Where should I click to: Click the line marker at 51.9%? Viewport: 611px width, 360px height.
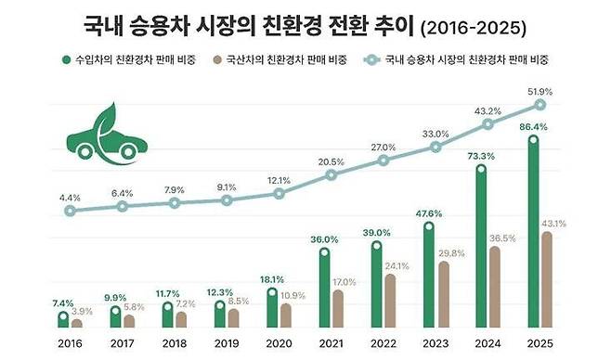(539, 104)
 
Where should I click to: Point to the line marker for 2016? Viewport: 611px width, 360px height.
(70, 211)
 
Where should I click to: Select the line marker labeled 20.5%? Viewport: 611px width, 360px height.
(331, 174)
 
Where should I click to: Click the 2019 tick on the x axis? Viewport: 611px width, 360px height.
(226, 342)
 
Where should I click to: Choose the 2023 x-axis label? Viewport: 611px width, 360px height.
(435, 342)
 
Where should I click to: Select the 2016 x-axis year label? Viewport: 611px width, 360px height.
(70, 342)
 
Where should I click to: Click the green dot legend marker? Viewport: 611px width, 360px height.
(66, 60)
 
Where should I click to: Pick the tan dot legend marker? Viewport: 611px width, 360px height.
(216, 60)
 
